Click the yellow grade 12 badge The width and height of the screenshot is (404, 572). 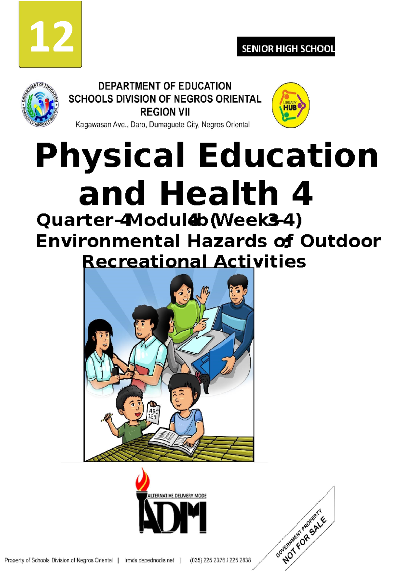(50, 34)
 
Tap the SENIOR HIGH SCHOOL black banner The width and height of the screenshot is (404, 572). (286, 47)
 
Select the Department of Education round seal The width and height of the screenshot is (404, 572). (40, 105)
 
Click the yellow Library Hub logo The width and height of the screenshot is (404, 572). (290, 105)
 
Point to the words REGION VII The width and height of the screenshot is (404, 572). (165, 112)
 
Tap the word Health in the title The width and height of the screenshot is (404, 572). (219, 193)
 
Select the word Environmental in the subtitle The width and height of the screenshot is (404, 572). (108, 241)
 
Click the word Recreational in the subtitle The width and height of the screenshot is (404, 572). (144, 261)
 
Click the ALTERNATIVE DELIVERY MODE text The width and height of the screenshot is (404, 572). (177, 496)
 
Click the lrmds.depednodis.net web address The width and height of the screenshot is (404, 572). (149, 560)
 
